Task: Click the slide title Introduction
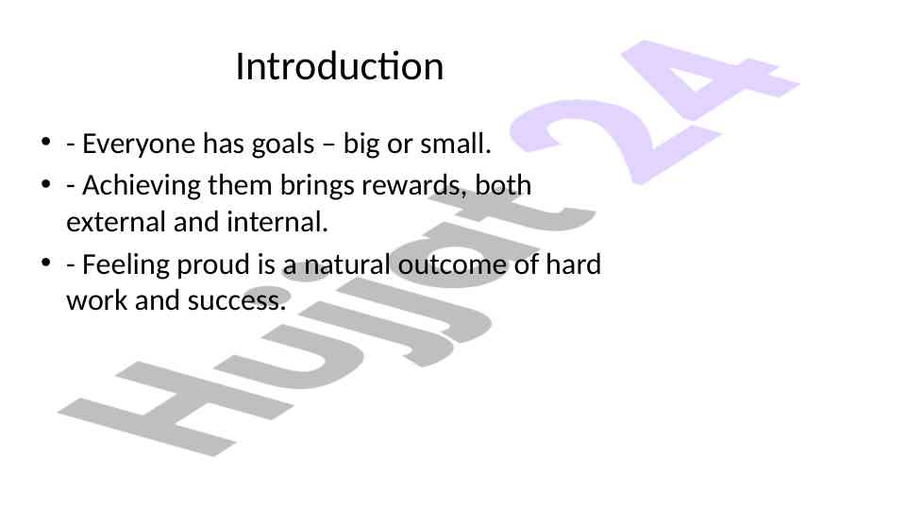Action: point(340,66)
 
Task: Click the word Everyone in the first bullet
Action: point(140,144)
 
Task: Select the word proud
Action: point(214,265)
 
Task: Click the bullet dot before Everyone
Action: point(46,143)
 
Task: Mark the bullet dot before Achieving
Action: point(46,184)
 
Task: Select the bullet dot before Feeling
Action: point(46,263)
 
